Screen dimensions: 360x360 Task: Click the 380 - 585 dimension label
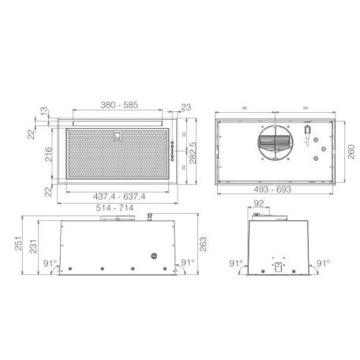(x=122, y=104)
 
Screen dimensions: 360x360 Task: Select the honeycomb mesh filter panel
(x=118, y=158)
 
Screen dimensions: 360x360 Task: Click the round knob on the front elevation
(x=155, y=257)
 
